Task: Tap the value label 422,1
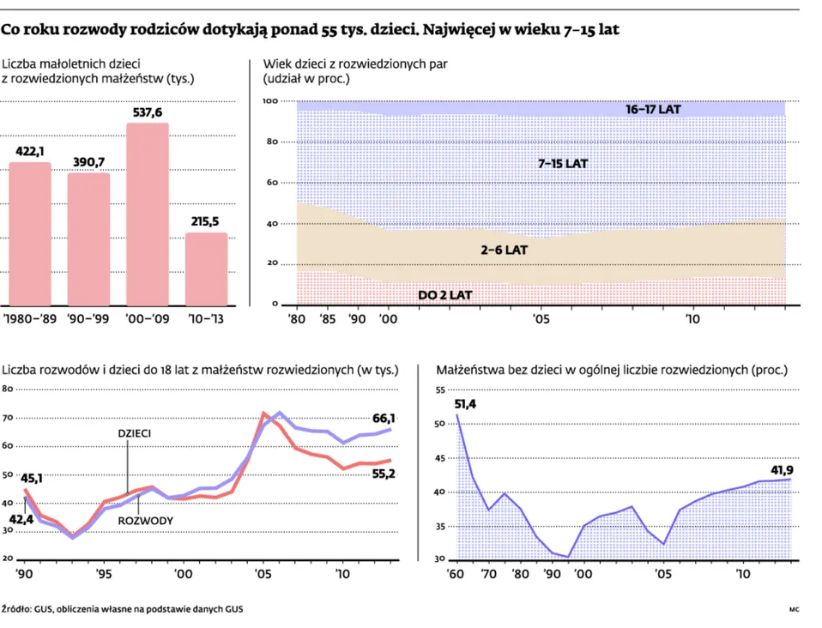pos(30,151)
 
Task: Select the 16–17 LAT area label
pos(653,110)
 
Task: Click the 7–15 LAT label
pos(563,163)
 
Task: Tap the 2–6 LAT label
pos(503,251)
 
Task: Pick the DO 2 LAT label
pos(445,295)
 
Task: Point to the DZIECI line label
pos(135,433)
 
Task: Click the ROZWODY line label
pos(146,521)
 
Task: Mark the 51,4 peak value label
pos(465,404)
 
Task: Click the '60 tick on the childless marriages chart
pos(456,572)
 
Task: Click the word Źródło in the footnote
pos(16,609)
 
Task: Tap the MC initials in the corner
pos(794,609)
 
